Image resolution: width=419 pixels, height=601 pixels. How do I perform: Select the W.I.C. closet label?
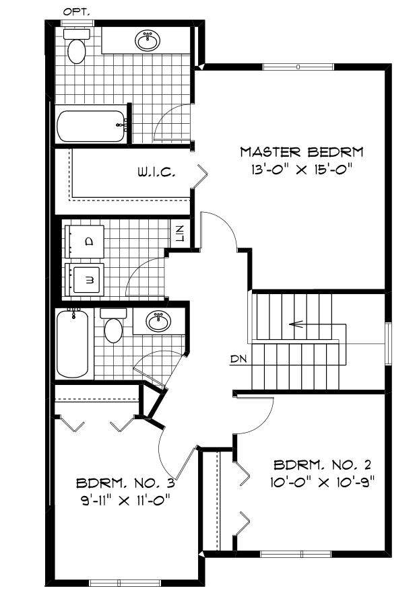click(x=157, y=173)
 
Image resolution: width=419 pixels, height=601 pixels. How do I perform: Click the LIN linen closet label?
click(x=179, y=234)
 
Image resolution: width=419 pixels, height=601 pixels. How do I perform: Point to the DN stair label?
click(x=238, y=359)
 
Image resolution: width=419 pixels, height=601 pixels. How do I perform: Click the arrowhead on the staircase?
click(x=293, y=324)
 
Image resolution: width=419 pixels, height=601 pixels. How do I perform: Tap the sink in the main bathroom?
click(x=158, y=321)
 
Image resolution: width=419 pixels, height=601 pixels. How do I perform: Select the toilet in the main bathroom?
click(x=113, y=326)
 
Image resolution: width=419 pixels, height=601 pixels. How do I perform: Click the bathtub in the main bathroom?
click(x=72, y=343)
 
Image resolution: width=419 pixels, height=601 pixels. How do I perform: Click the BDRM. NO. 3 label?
click(x=125, y=483)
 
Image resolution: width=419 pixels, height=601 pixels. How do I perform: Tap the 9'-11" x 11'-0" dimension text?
click(x=125, y=500)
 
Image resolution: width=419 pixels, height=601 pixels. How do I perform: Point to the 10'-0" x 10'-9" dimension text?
click(x=323, y=482)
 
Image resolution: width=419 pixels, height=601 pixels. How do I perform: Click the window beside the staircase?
click(x=389, y=343)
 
